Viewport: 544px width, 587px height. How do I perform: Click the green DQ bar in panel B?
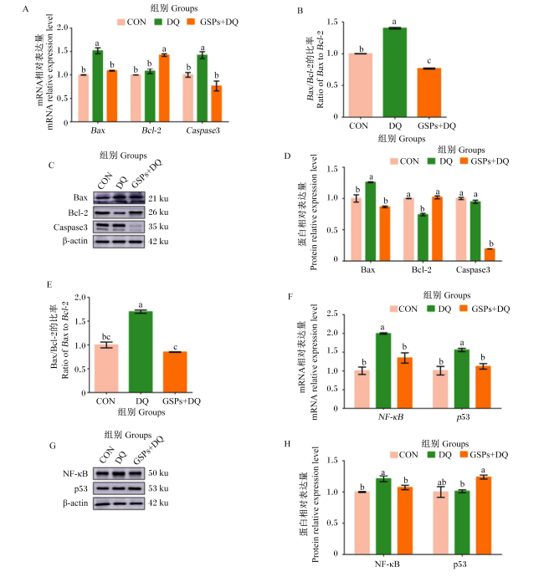394,72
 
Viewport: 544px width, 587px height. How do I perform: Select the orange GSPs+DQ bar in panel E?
175,372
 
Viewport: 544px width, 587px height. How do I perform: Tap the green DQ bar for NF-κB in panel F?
383,370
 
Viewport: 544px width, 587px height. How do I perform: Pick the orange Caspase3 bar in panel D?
490,254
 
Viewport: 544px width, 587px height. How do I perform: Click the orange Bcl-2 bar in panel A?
164,88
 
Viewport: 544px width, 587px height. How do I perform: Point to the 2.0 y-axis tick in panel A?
63,28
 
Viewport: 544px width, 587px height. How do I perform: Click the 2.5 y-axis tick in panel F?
332,314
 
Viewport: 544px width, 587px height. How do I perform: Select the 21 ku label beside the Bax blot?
158,198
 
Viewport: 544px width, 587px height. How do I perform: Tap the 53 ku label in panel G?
158,488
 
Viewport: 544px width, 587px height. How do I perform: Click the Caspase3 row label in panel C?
70,227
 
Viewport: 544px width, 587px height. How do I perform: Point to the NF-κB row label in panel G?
75,473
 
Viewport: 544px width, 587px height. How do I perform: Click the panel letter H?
287,444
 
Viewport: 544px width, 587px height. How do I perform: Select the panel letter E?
49,284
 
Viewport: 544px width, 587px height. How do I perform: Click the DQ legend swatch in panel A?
158,22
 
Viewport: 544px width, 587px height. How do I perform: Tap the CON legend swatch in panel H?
393,455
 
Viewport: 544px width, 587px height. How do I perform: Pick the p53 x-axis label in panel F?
463,417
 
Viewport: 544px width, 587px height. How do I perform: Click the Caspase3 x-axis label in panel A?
203,130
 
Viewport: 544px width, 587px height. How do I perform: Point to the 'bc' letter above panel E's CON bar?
106,337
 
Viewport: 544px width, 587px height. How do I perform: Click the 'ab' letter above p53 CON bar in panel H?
442,482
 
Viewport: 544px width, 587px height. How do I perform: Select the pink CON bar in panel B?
361,85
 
